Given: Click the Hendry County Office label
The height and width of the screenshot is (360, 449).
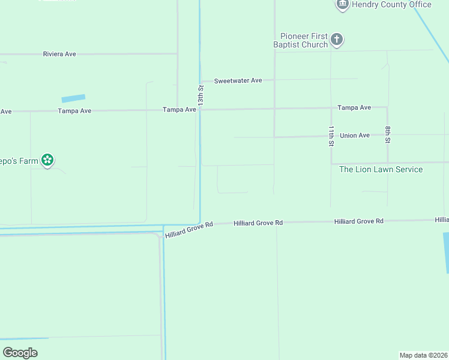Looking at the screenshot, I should point(391,5).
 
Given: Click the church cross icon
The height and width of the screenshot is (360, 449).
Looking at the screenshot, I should point(337,41).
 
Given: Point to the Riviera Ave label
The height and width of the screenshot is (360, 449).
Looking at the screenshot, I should point(59,54).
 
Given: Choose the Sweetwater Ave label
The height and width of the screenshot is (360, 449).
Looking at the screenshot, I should point(238,80).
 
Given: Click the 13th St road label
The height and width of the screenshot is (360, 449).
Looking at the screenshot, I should point(201,96).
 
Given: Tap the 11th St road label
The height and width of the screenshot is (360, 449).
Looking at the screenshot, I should point(331,136).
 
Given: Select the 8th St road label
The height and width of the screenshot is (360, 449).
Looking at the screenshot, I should point(388,135).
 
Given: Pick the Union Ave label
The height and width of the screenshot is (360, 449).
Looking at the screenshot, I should point(355,136).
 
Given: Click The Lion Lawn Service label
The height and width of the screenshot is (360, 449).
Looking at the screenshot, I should point(381,169).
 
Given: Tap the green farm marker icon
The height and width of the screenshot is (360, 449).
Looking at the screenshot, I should point(48,160).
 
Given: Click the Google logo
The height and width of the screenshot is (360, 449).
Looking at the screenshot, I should point(20,352).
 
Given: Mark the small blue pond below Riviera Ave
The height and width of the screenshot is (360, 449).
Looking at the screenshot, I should point(73,98).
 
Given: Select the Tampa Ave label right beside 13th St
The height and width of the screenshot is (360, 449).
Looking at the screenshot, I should point(179,110).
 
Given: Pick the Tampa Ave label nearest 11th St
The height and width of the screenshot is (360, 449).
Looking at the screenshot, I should point(354,108).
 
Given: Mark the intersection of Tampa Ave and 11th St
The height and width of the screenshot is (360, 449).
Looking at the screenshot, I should point(331,109).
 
